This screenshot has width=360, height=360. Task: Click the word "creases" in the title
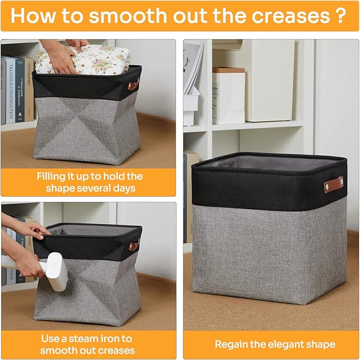coord(286,15)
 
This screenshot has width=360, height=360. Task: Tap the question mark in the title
coord(341,15)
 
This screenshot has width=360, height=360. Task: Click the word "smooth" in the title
coord(120,15)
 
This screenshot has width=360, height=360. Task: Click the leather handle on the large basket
coord(333,185)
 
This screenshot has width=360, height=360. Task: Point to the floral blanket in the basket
coord(85,59)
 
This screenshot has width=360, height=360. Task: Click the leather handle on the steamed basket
coord(134,245)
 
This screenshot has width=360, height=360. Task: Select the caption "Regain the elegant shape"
coord(275,344)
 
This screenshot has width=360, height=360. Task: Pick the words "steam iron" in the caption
coord(105,338)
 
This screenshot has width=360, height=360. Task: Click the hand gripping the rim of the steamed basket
coord(34,230)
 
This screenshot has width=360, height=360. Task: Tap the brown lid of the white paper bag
coord(229,70)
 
